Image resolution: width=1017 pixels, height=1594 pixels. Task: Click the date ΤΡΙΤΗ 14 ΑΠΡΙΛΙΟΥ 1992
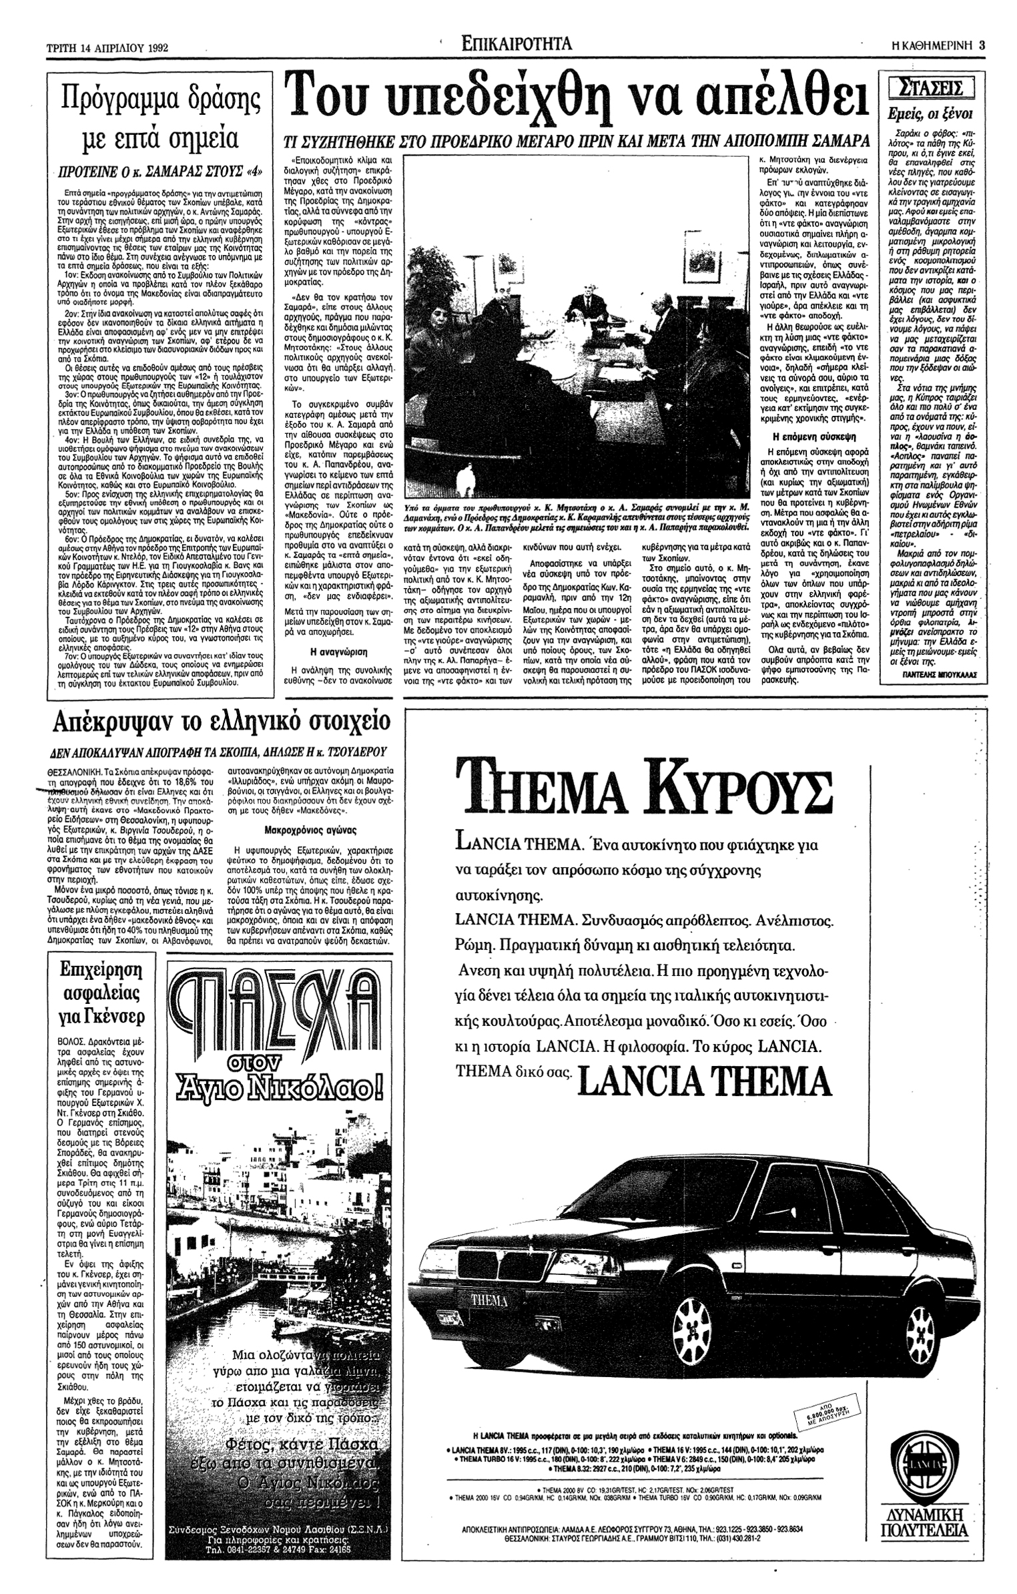click(x=103, y=48)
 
